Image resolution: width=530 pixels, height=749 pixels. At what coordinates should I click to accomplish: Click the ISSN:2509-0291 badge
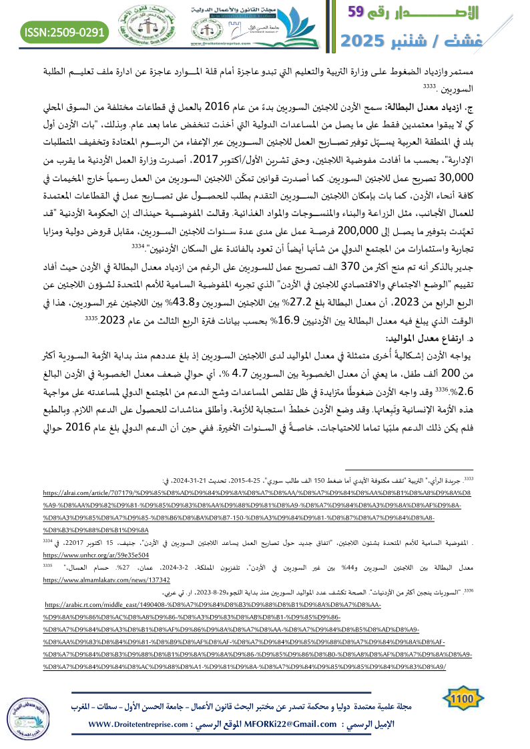pyautogui.click(x=65, y=31)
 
